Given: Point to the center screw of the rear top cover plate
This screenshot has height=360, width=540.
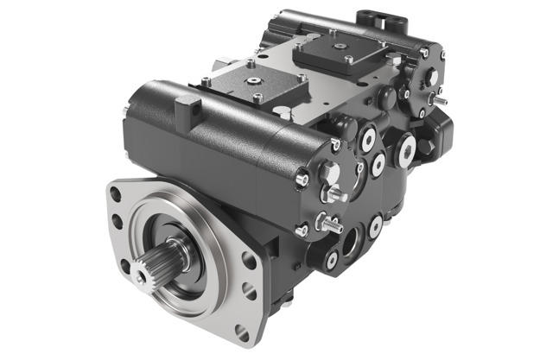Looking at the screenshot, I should (336, 44).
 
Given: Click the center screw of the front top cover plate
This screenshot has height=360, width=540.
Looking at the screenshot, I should (257, 79).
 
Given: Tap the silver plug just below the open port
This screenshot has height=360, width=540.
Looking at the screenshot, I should (332, 257).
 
